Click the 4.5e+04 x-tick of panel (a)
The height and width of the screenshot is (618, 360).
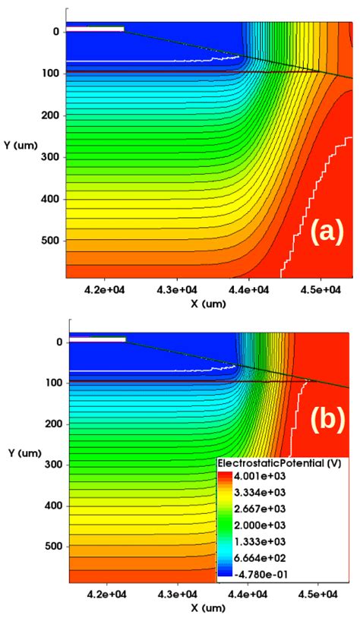point(321,289)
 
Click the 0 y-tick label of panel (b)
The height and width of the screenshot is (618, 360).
point(58,342)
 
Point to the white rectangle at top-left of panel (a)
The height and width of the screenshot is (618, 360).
point(95,29)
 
